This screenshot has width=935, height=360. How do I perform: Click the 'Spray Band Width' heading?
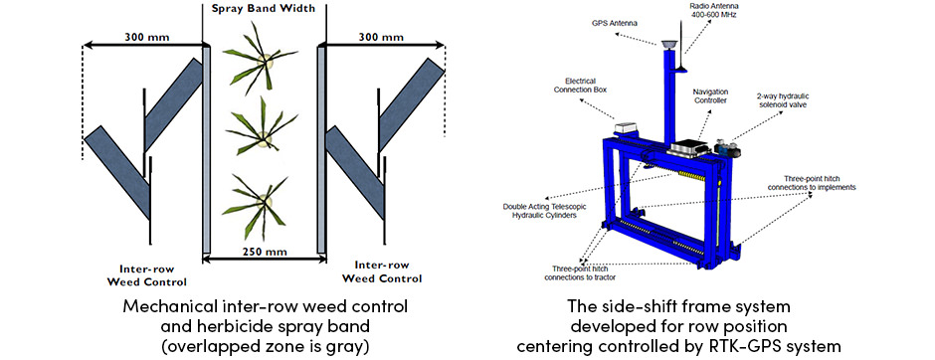click(x=263, y=10)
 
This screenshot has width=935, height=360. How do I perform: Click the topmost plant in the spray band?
click(x=258, y=66)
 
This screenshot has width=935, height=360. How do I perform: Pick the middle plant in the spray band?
click(x=261, y=132)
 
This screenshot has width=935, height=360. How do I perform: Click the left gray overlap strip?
click(x=205, y=149)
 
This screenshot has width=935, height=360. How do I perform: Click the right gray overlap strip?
click(x=321, y=149)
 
